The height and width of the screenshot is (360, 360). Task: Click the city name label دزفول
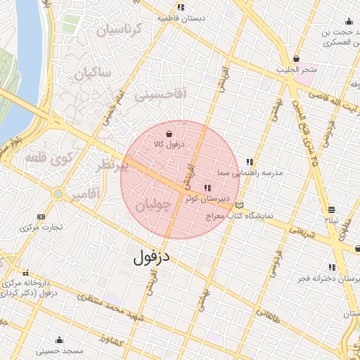[153, 257]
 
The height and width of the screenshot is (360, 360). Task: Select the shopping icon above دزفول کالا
[169, 133]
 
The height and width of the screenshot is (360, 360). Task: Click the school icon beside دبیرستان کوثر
[207, 188]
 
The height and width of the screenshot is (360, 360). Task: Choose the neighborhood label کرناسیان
[119, 30]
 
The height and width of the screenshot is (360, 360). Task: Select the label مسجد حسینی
[60, 349]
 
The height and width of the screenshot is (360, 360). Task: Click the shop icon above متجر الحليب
[296, 58]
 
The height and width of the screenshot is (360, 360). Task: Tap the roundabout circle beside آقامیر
[58, 193]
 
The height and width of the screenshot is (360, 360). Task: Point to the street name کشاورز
[113, 340]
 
